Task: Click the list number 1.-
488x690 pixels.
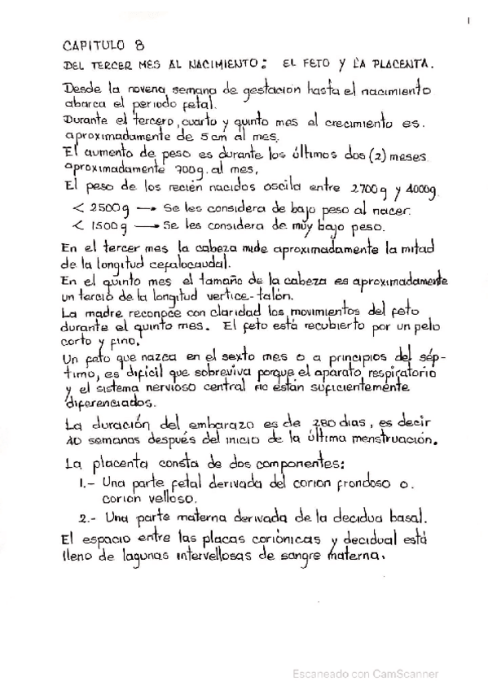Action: [88, 483]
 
